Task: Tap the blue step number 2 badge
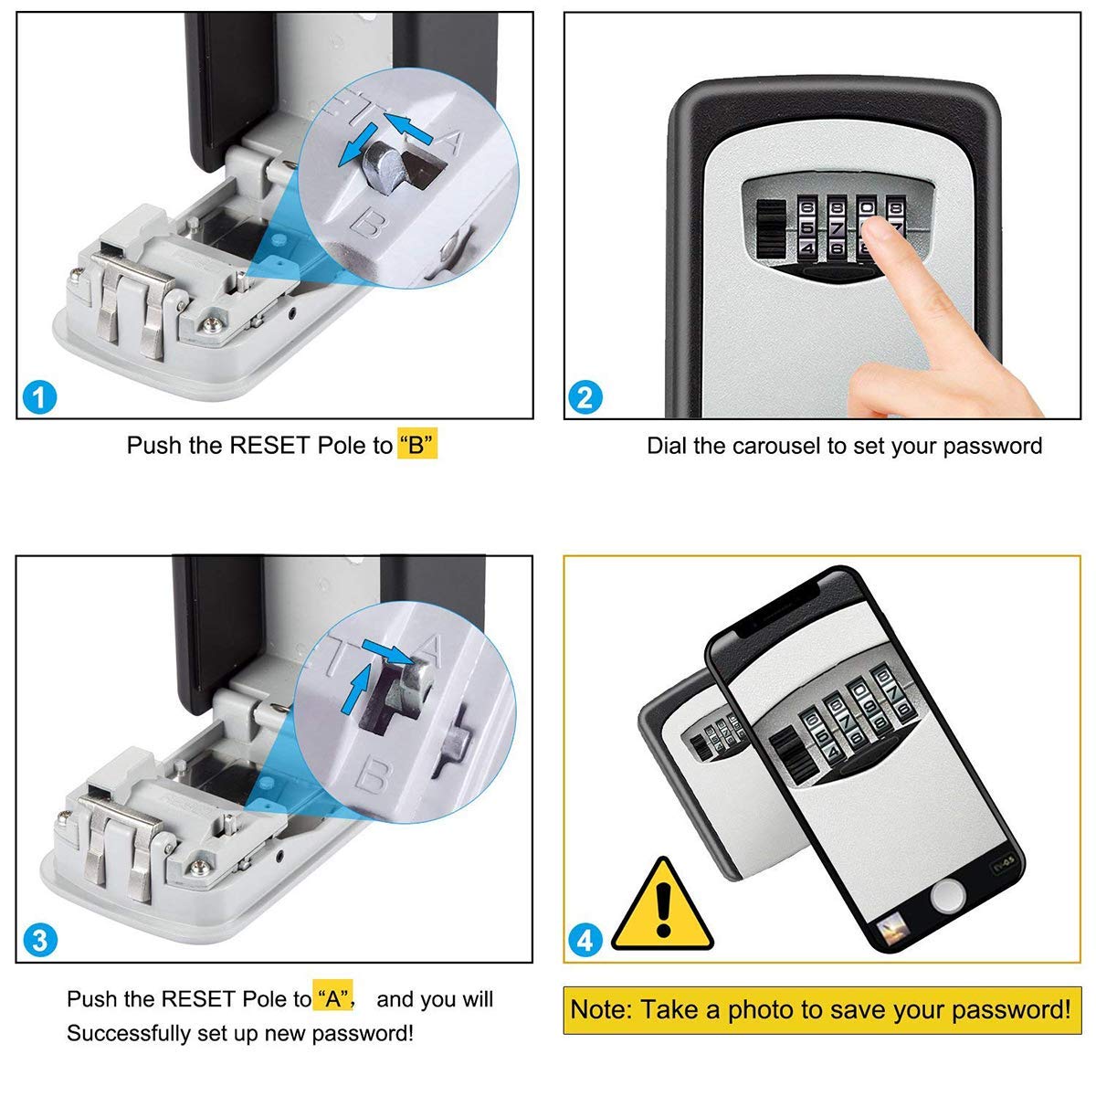click(585, 398)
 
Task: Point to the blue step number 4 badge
click(585, 940)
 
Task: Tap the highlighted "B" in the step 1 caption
click(417, 446)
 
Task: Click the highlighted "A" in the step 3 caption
click(333, 999)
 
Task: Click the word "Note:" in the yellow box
click(601, 1010)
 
